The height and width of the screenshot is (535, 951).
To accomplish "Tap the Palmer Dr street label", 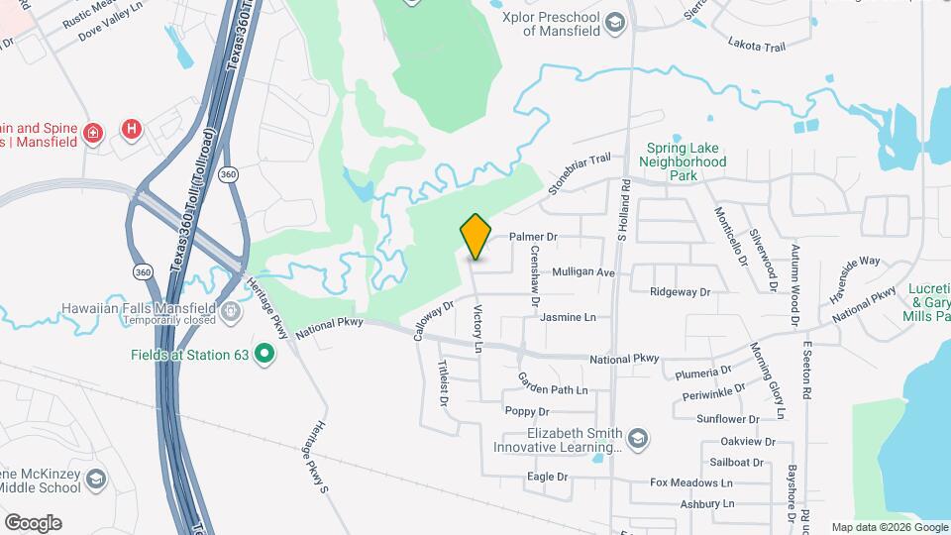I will (x=534, y=238).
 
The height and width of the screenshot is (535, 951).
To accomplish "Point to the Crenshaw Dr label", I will (x=534, y=275).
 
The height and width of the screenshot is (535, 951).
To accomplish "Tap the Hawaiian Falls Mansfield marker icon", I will (x=231, y=313).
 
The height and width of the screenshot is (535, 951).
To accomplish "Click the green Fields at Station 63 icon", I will (x=264, y=353).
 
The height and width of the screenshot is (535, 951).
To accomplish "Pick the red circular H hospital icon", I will (x=130, y=129).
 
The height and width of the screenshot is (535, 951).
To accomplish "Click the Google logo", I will (x=33, y=522).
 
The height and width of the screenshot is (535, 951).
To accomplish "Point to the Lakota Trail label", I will (x=756, y=44).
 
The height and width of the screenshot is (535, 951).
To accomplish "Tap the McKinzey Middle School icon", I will (x=96, y=481).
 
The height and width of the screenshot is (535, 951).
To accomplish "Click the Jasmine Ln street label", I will (x=568, y=317).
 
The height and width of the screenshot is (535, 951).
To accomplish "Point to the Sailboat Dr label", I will (x=737, y=462).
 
